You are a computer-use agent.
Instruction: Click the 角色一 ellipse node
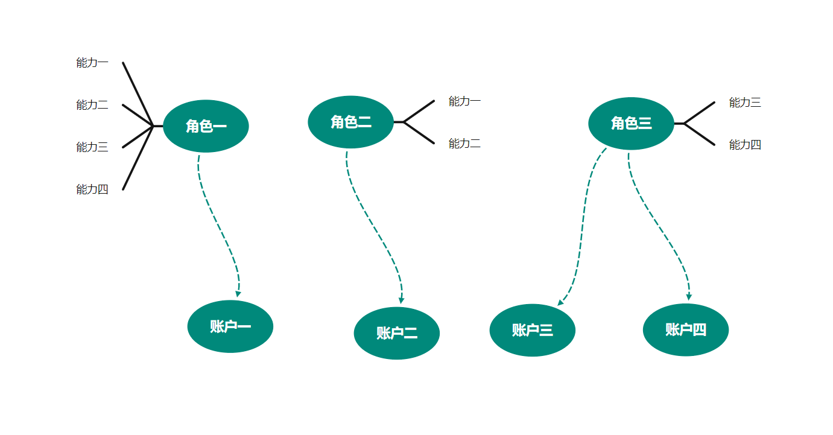pos(206,126)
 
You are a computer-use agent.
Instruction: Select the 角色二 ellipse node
pos(350,122)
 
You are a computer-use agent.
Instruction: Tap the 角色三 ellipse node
pos(631,123)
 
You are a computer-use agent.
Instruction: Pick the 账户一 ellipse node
pos(230,326)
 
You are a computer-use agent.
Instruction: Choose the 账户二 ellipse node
pos(396,333)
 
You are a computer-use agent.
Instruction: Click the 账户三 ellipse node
pos(532,330)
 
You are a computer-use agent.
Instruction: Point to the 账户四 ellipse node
pos(686,330)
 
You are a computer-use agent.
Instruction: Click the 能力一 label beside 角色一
pos(92,62)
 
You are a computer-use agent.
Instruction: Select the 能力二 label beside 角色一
pos(92,104)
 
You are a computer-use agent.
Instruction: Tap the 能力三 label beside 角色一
pos(92,147)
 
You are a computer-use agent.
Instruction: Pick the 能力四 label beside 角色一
pos(92,189)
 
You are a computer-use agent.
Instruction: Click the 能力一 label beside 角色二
pos(464,101)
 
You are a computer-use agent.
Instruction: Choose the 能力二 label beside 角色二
pos(464,143)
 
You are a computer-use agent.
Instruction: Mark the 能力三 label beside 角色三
pos(745,102)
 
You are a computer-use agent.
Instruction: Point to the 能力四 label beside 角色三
pos(745,144)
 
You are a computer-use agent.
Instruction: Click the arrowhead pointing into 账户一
pos(238,294)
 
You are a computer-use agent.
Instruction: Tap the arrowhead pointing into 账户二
pos(401,300)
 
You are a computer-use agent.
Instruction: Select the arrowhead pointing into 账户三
pos(560,302)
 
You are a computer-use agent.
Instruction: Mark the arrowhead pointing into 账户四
pos(689,297)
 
